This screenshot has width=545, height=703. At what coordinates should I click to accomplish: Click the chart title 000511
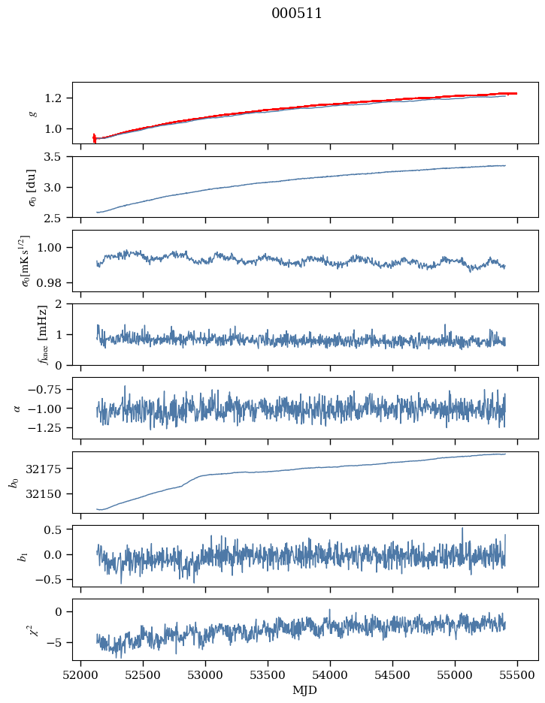click(297, 14)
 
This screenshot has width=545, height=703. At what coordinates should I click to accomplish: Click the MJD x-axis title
click(305, 689)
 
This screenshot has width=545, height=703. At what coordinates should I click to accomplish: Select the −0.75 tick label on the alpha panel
click(47, 389)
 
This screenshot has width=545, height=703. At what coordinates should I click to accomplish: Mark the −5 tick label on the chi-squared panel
click(56, 643)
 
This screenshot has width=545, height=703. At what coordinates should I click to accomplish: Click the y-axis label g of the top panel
click(32, 113)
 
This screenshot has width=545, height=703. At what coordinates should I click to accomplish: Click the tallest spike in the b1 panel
click(462, 529)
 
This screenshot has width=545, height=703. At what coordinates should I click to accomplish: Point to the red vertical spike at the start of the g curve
click(94, 137)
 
